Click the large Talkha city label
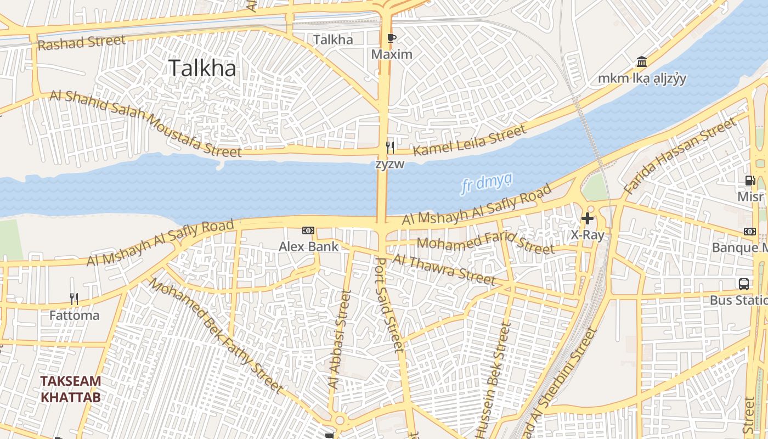(202, 68)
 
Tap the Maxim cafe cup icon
(391, 38)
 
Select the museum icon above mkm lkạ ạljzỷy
(641, 61)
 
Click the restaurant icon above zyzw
(389, 147)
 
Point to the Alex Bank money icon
(308, 231)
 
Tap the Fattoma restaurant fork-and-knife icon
(74, 299)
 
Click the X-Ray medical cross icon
(588, 218)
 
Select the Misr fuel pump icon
(750, 180)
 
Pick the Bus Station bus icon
(744, 284)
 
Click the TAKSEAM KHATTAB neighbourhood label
(71, 389)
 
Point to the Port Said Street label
(389, 305)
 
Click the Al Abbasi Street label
(338, 340)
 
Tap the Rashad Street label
(81, 43)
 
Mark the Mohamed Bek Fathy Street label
(217, 336)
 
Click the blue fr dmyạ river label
(487, 183)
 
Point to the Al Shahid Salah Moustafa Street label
(145, 122)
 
